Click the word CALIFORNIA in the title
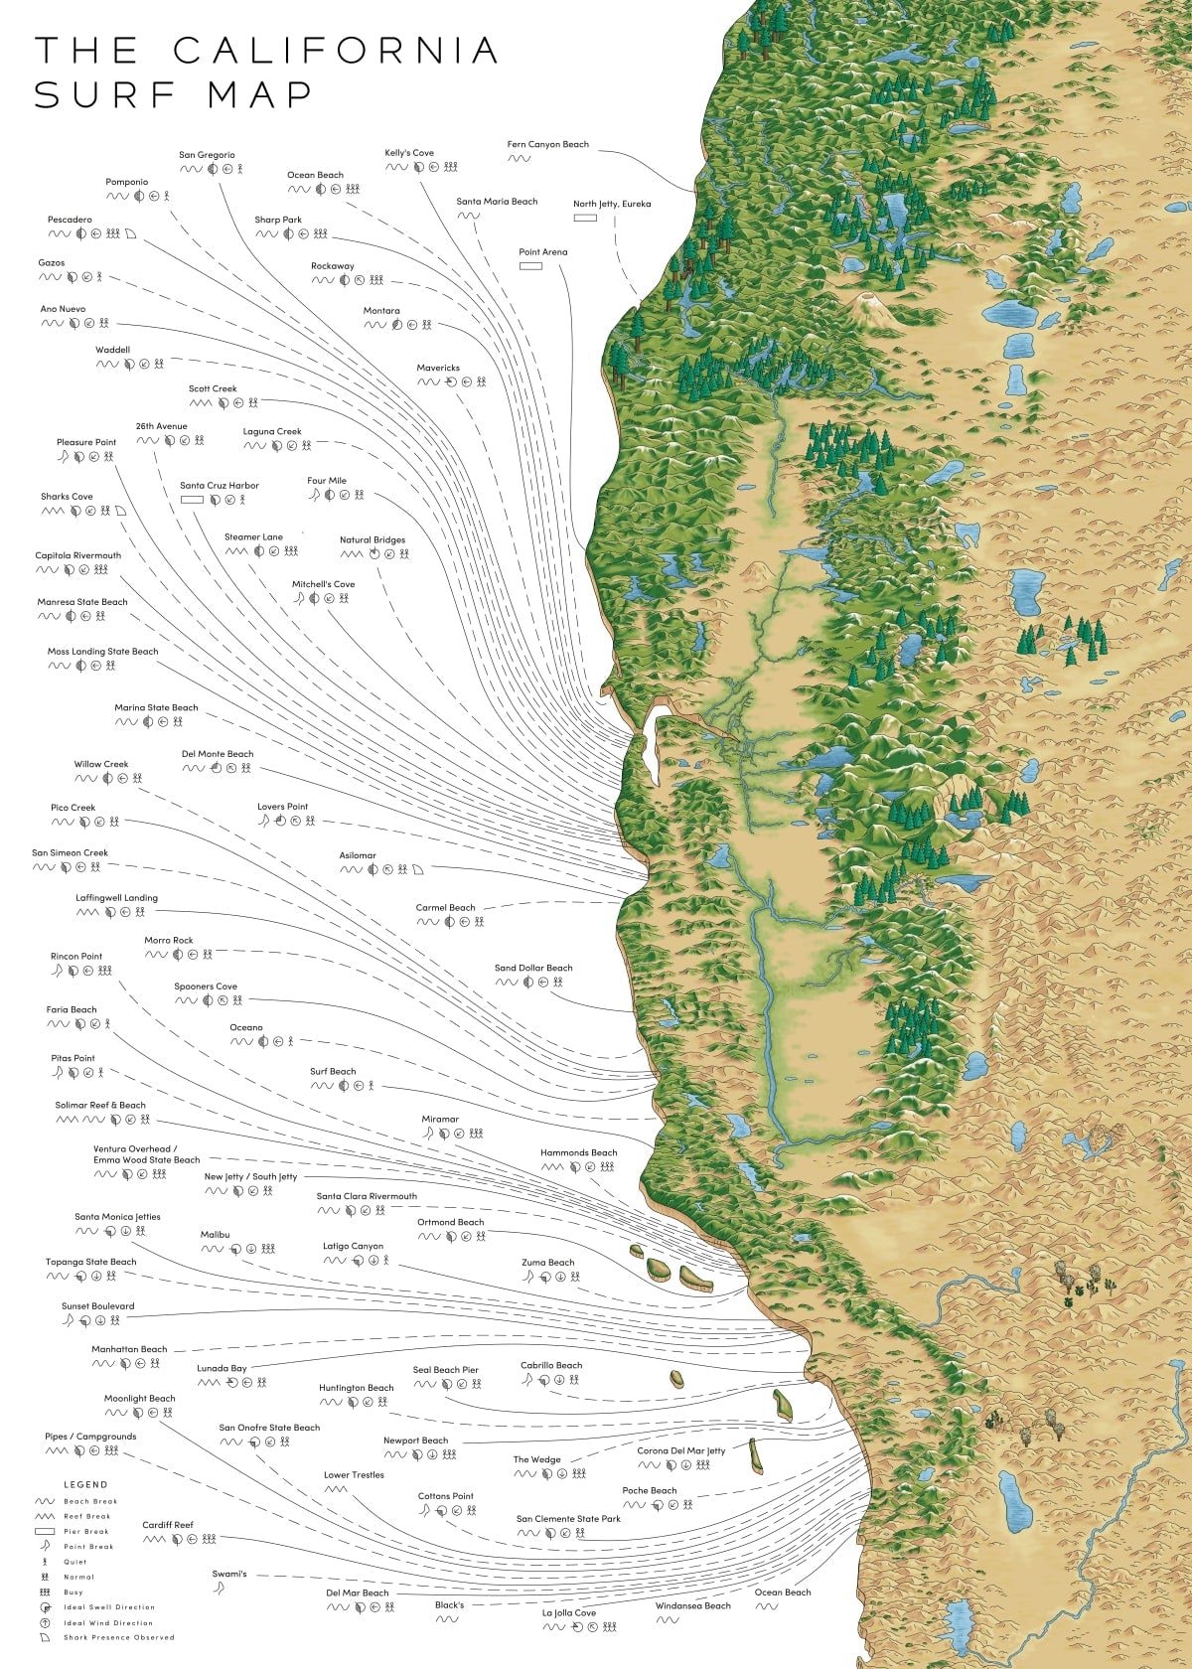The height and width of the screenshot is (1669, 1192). point(336,51)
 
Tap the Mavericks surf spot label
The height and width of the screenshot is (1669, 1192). point(438,368)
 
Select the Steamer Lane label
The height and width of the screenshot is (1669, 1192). point(253,536)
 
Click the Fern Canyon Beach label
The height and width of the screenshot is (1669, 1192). point(547,144)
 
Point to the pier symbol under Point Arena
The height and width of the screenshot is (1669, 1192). point(530,266)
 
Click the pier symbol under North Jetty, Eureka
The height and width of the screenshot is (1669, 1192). point(585,218)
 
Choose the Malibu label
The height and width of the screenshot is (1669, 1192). point(215,1235)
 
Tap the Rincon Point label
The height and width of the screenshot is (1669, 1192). point(76,956)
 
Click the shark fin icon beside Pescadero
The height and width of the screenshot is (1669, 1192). point(130,234)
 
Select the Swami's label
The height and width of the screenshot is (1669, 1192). point(229,1574)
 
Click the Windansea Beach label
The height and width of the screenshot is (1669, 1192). point(692,1605)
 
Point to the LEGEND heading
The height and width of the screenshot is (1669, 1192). point(85,1484)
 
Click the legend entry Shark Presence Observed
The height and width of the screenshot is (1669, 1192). point(118,1637)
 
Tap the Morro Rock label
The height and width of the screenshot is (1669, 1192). point(169,940)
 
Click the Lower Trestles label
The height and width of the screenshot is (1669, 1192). point(354,1474)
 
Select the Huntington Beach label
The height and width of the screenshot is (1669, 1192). point(356,1388)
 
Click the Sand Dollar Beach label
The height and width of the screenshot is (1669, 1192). point(533,968)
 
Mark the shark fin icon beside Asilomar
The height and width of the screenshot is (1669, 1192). point(418,869)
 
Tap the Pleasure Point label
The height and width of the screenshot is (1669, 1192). point(86,442)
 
